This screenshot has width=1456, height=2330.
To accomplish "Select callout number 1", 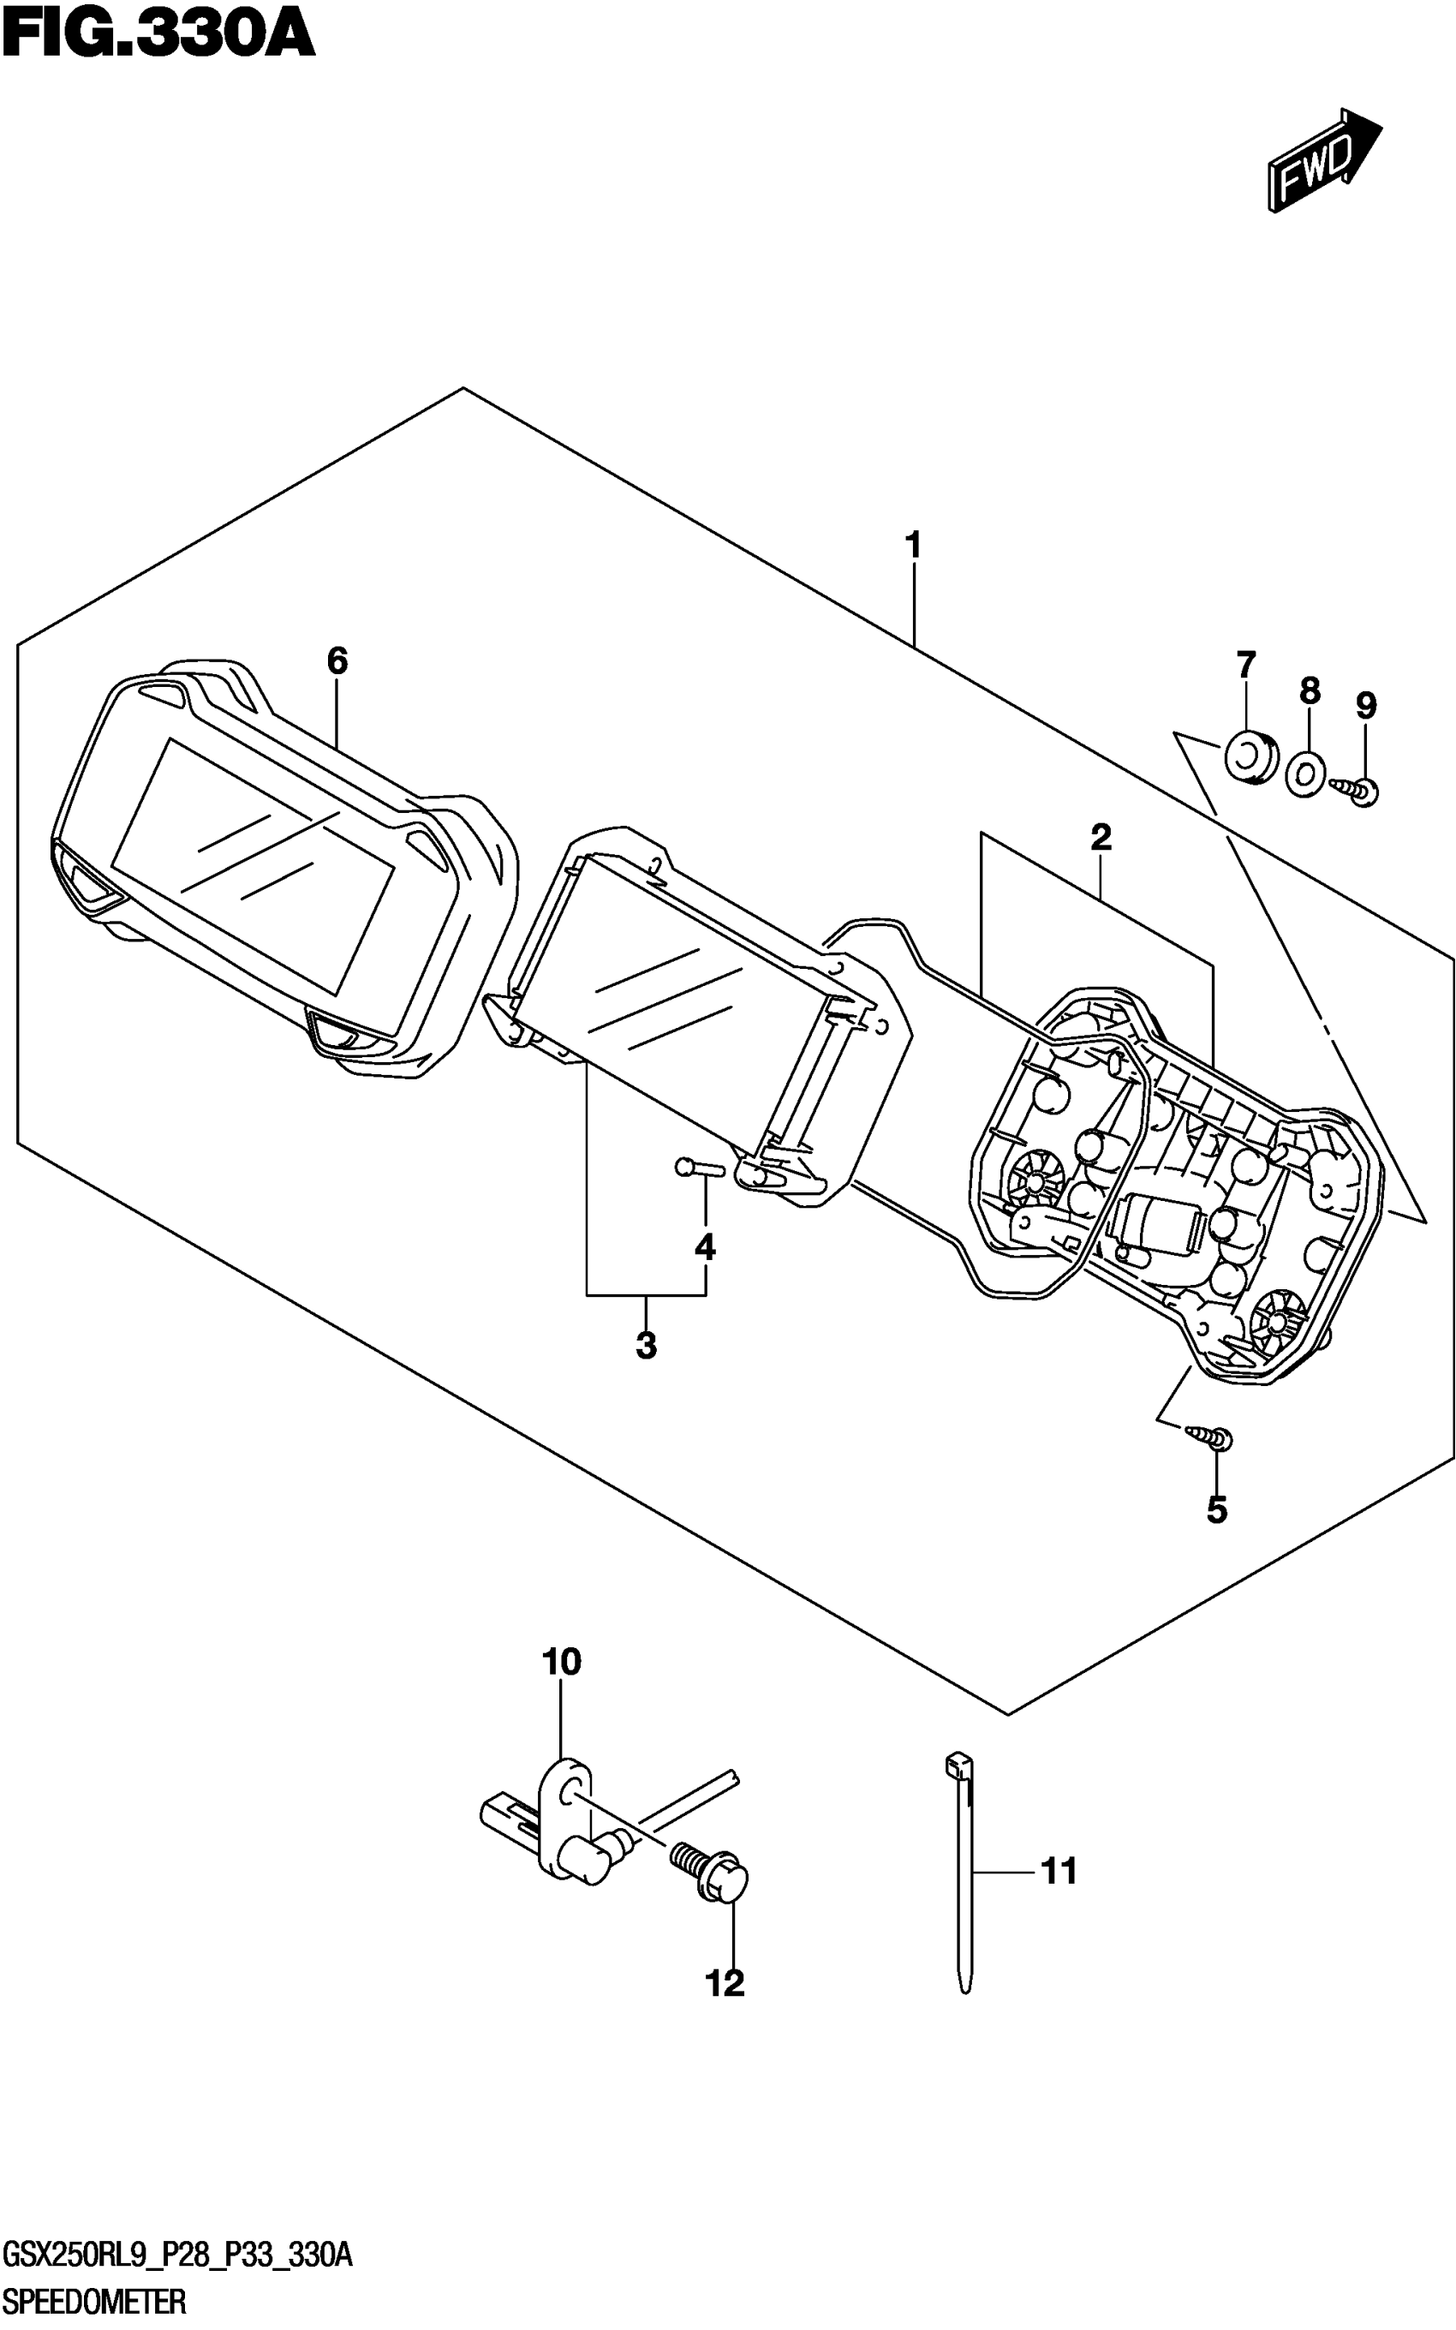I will tap(913, 546).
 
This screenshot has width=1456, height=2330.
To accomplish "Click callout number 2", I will tap(1101, 837).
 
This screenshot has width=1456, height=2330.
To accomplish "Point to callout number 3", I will tap(646, 1345).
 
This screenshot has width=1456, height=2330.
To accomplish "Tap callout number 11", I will tap(1059, 1872).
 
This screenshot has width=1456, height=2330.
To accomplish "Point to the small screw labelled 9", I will tap(1357, 791).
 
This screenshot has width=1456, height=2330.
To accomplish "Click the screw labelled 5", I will tap(1211, 1437).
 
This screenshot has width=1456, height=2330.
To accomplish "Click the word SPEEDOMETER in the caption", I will tap(94, 2303).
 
